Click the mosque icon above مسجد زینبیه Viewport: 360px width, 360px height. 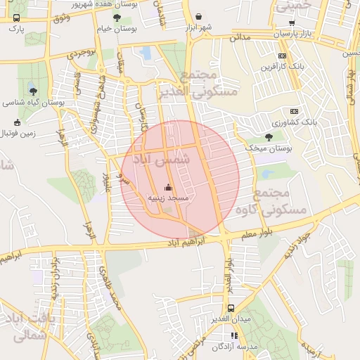(167, 188)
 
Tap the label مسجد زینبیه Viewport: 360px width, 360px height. (167, 199)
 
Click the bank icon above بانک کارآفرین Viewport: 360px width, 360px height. (282, 56)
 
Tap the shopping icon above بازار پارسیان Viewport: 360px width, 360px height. (291, 23)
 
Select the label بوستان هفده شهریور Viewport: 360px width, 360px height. (98, 4)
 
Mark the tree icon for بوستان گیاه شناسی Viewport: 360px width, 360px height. (32, 90)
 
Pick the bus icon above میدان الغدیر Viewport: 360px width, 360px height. (231, 309)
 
